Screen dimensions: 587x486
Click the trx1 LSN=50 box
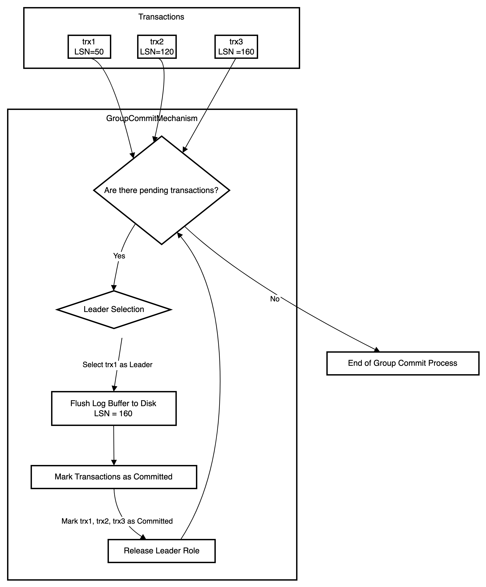click(89, 47)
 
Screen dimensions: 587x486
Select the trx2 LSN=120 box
click(157, 47)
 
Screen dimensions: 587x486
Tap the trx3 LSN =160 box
click(236, 47)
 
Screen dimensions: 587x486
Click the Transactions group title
click(161, 17)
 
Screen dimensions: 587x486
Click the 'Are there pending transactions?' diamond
click(161, 190)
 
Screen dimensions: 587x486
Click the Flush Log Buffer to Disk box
click(114, 408)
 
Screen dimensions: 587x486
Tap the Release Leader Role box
click(161, 551)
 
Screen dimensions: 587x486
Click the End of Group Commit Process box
click(402, 363)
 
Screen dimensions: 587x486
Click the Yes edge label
click(119, 256)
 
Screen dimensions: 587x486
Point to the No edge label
click(275, 299)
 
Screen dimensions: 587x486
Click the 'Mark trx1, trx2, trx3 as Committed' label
click(117, 521)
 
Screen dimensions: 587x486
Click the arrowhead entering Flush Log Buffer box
click(114, 388)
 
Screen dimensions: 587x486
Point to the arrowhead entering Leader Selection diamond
click(113, 288)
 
